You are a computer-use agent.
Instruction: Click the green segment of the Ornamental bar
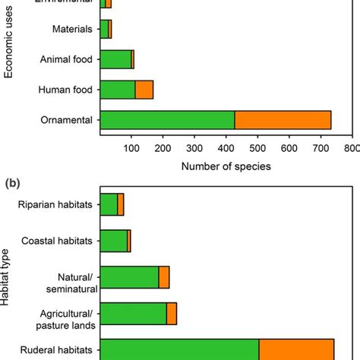pos(167,120)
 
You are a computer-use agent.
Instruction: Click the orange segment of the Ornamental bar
pos(283,120)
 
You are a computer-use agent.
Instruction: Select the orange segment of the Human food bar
pos(144,90)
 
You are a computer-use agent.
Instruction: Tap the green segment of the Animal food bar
pos(115,59)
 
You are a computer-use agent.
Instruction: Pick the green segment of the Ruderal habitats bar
pos(179,350)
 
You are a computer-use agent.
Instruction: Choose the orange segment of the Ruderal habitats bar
pos(296,350)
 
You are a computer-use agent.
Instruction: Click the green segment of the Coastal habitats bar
pos(113,241)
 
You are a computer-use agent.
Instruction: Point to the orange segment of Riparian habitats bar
pos(121,205)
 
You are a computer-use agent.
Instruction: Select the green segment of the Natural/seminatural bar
pos(129,277)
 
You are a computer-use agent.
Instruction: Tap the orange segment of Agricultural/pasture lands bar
pos(172,314)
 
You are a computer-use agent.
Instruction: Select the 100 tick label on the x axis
pos(131,147)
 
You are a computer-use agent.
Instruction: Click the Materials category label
pos(72,30)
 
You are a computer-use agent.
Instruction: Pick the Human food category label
pos(66,90)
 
